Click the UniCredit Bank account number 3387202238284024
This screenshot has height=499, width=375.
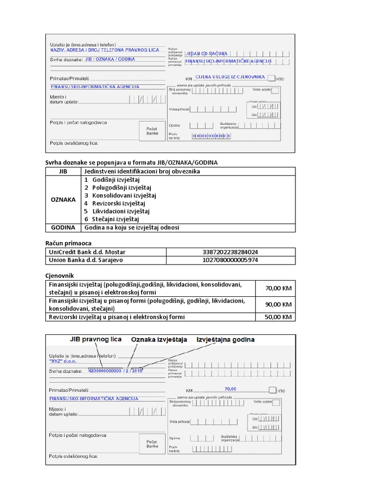230,252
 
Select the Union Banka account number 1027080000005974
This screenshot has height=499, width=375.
230,260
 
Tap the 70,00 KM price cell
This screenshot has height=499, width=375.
278,288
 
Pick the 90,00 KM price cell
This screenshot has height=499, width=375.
278,305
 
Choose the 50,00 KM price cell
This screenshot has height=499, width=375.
278,317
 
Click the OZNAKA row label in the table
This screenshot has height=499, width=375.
63,199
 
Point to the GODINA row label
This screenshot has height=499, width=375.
63,228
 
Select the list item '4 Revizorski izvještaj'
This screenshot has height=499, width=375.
115,203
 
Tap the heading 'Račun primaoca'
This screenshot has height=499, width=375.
68,243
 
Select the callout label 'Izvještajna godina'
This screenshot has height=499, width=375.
225,339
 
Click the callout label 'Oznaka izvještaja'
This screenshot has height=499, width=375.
159,339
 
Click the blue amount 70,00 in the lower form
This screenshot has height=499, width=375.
230,389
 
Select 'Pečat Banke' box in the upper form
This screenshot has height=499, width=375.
152,131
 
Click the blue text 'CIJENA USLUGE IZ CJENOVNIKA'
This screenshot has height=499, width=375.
229,77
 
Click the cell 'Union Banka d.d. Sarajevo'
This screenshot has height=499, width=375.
85,260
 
